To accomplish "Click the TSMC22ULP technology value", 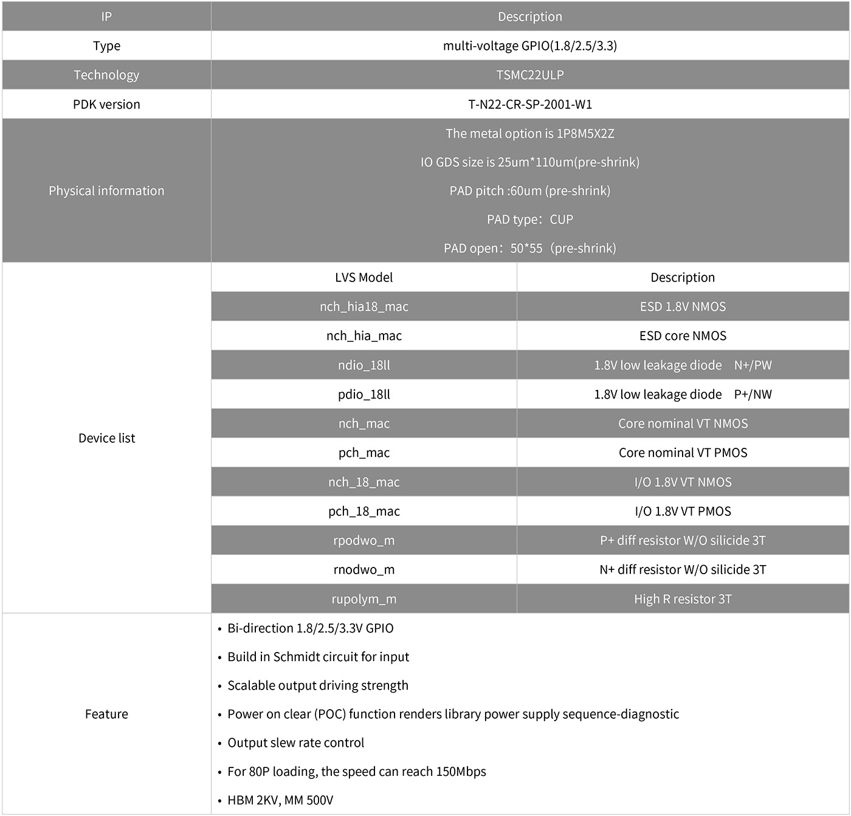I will pos(529,75).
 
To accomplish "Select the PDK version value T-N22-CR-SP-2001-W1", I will pos(529,104).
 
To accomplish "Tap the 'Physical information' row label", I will pos(106,191).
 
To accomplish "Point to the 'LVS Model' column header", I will pos(363,277).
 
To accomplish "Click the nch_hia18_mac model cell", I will pos(363,306).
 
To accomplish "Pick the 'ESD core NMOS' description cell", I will pos(683,335).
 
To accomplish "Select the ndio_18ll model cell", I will pos(363,365).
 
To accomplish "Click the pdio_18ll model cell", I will pos(363,394).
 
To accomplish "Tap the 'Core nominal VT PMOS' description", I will pos(683,453).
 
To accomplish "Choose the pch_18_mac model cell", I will pos(363,511).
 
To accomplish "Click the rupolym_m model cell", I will pos(363,599).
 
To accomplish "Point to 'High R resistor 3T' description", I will pos(683,599).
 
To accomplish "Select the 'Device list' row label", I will pos(106,438).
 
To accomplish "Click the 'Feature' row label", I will pos(106,714).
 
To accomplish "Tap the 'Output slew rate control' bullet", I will pos(295,742).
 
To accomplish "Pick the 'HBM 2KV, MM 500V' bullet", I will pos(280,800).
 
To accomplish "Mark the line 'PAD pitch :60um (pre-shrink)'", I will pos(529,191).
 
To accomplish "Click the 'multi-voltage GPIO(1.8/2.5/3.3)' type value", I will pos(529,46).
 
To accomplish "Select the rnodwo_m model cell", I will pos(363,569).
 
